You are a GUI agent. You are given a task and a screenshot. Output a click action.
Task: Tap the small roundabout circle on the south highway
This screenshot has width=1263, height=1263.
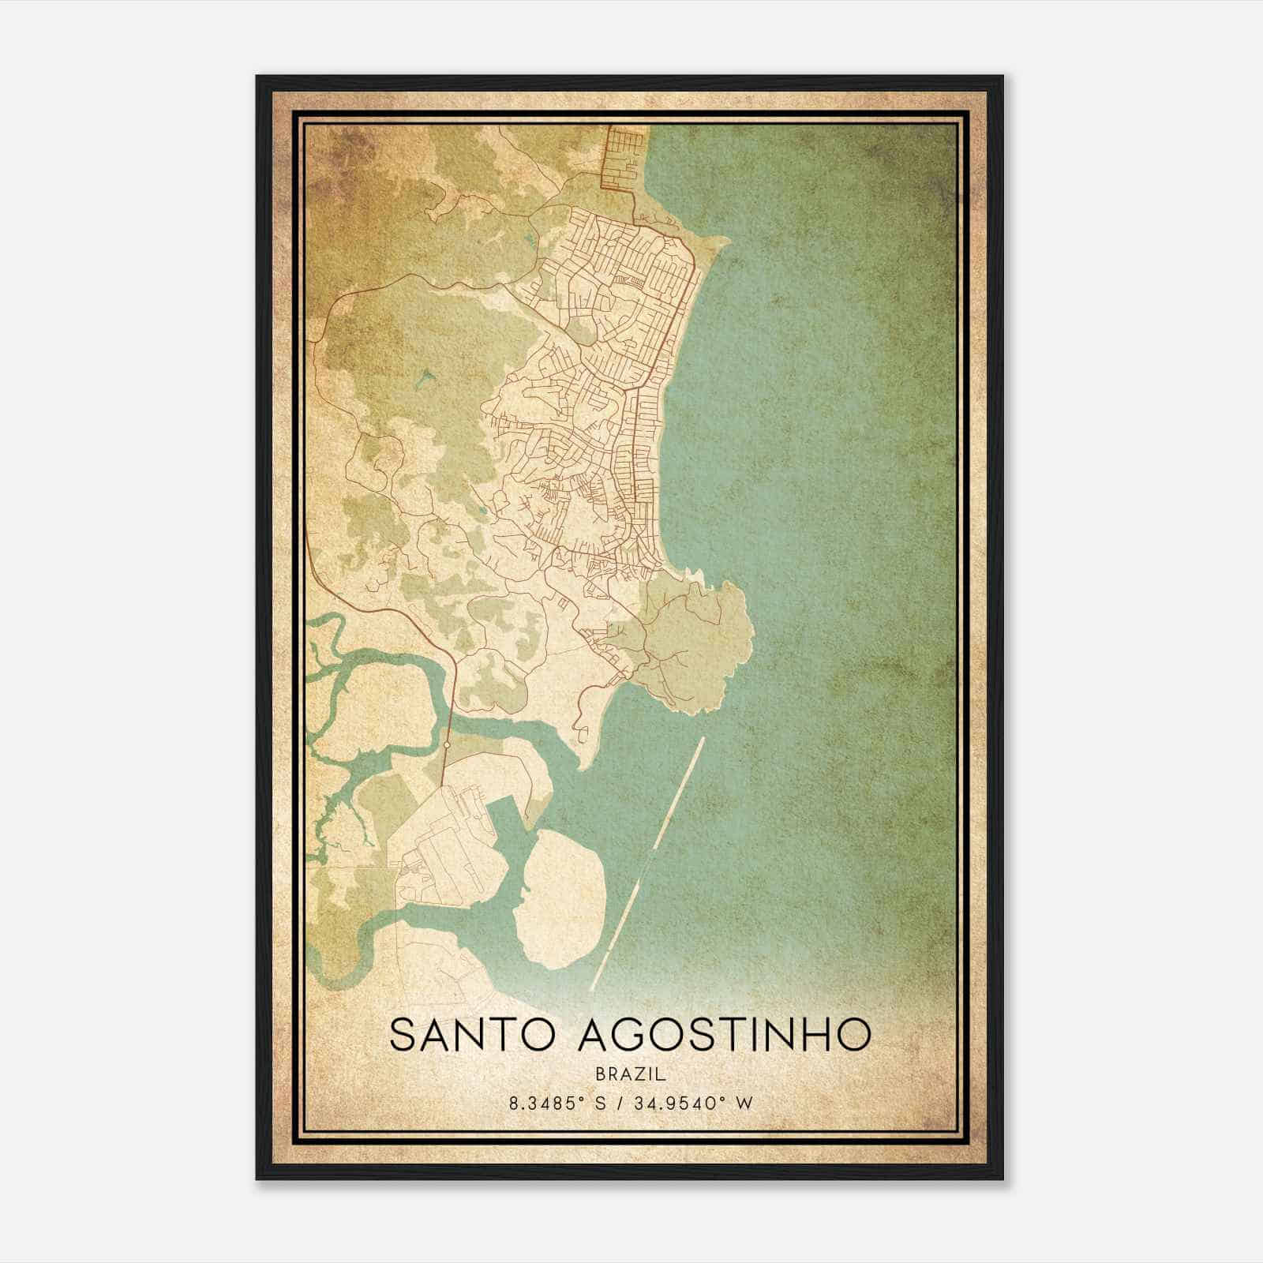(x=447, y=744)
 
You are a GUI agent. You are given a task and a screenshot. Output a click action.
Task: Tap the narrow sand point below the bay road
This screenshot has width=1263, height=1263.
(x=584, y=758)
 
